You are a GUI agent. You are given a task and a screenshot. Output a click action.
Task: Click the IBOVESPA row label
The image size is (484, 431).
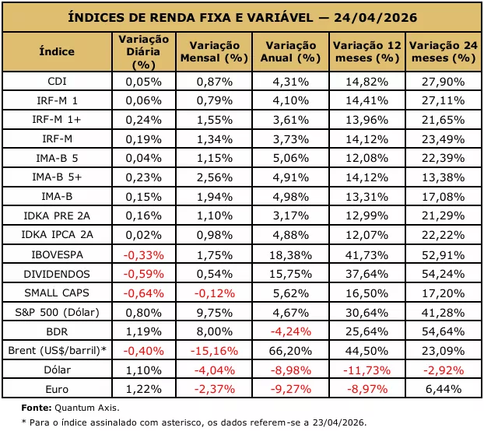coord(57,255)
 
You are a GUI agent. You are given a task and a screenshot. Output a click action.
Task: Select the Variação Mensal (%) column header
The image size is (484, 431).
coord(214,52)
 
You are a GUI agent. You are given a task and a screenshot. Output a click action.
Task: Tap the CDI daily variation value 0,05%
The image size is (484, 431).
coord(143,82)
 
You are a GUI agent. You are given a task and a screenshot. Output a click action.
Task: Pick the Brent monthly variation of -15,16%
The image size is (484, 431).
coord(214,351)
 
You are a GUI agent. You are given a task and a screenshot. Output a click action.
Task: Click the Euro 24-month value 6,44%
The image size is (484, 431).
coord(444,389)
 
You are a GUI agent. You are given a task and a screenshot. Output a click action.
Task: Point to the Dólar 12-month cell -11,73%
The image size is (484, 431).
coord(367,370)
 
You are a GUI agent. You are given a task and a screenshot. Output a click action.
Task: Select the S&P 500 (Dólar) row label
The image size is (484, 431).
coord(57,313)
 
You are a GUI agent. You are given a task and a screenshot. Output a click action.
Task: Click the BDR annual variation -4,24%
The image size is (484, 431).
coord(291,331)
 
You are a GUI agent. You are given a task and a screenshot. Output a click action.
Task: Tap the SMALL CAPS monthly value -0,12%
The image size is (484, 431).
coord(214,293)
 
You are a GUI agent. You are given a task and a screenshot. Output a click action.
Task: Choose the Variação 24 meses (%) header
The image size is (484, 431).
coord(444,52)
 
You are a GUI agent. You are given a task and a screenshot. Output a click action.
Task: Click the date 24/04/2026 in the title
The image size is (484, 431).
coord(375,17)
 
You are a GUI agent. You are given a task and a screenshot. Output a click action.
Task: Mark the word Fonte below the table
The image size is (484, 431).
coord(37,408)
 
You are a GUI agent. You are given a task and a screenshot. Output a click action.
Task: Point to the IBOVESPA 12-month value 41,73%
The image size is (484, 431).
coord(367,255)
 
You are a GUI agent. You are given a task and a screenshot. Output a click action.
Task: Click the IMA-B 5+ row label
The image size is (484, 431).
coord(57,177)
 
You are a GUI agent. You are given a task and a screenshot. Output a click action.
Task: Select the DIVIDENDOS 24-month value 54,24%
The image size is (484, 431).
coord(444,274)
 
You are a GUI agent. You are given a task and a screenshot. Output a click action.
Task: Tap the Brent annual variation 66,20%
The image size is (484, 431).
coord(291,351)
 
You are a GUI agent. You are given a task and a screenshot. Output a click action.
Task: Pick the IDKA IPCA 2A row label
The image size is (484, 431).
coord(57,235)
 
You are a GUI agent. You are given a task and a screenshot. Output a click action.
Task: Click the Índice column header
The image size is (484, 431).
coord(57,51)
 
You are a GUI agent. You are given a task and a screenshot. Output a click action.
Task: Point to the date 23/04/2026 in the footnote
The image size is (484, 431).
coord(339,422)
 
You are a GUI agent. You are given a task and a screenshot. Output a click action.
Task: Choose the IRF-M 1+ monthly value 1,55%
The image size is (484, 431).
coord(214,120)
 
